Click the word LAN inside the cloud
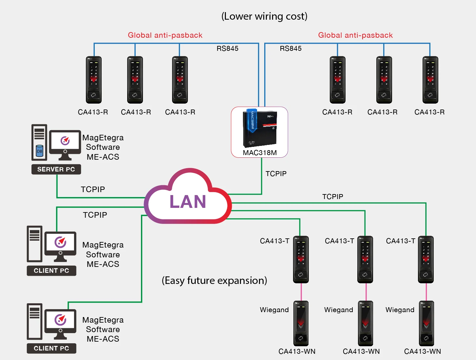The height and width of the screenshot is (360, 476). (188, 202)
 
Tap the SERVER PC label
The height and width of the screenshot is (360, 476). (56, 169)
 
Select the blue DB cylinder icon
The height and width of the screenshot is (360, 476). (39, 151)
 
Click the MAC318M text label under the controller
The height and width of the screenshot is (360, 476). (260, 153)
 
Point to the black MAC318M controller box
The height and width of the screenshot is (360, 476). (260, 129)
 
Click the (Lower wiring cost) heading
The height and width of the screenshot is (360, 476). (264, 16)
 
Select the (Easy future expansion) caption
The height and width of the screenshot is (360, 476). (214, 280)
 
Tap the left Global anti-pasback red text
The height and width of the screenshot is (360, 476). (165, 35)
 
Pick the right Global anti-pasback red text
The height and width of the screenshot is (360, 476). (355, 35)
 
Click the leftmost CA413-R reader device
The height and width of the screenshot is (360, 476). (94, 80)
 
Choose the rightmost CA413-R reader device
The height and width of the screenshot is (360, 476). (430, 80)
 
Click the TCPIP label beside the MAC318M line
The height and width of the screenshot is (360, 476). (276, 174)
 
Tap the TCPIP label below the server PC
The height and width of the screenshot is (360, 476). (93, 189)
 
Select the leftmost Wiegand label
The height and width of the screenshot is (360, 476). (274, 310)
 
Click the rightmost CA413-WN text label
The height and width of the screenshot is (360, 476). (423, 351)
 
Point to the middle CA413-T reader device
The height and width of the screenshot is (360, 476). (365, 259)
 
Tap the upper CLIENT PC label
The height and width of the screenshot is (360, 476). (51, 270)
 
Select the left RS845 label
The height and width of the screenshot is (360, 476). (228, 49)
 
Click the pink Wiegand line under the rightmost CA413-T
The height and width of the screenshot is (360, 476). (426, 292)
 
